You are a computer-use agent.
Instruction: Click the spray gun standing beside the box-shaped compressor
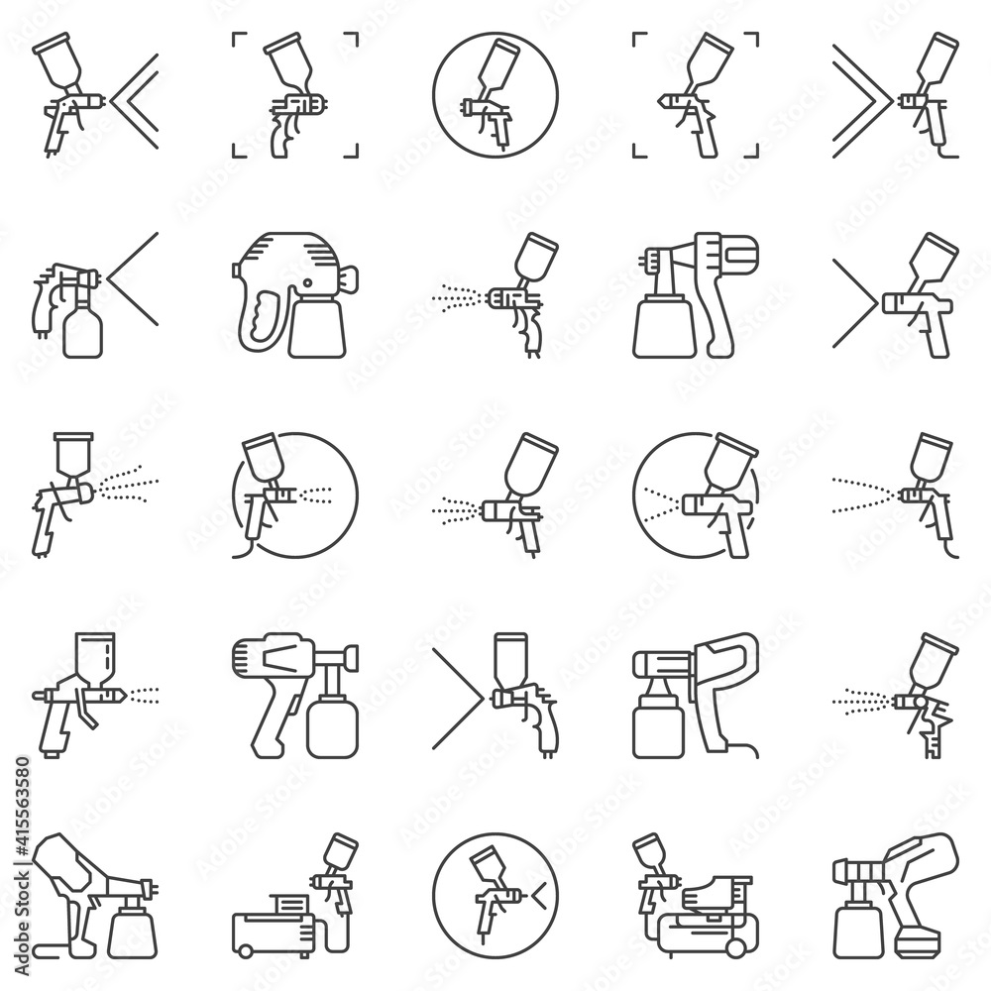pyautogui.click(x=337, y=872)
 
